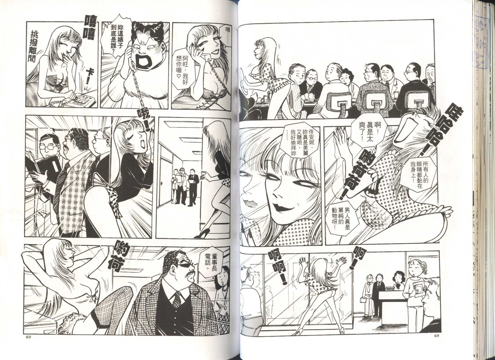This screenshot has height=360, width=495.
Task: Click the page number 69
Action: [x=28, y=343]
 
